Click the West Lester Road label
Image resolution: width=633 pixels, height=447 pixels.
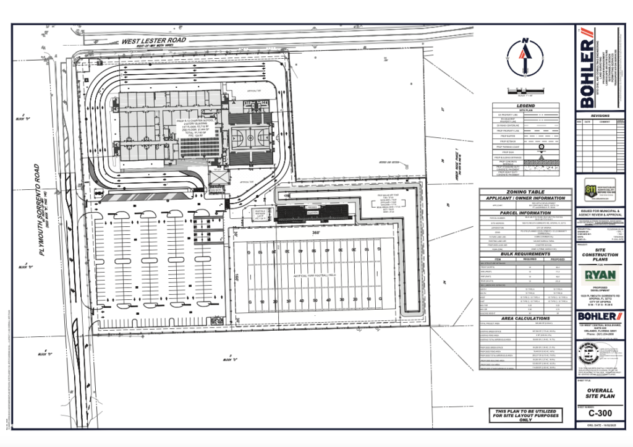(x=154, y=41)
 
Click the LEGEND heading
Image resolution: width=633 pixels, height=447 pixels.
(x=525, y=106)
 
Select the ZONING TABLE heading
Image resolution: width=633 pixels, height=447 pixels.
(x=525, y=192)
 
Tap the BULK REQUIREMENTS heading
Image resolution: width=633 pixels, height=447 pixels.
(x=525, y=253)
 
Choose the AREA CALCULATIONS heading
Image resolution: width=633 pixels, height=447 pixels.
(x=525, y=318)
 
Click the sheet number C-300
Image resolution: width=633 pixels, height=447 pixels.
(x=597, y=414)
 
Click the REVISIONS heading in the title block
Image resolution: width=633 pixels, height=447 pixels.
(x=600, y=116)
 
